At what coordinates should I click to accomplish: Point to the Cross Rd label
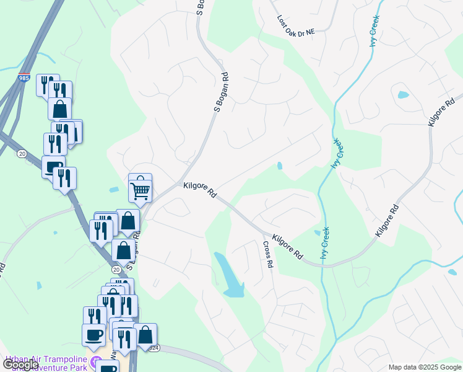[267, 254]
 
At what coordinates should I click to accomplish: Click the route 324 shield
[154, 348]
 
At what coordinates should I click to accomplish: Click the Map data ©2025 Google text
[424, 367]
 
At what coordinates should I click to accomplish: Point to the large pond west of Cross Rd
[229, 276]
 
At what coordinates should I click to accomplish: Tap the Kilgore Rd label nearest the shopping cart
[199, 190]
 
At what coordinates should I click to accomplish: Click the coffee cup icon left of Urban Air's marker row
[93, 335]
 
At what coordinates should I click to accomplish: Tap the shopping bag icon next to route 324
[145, 335]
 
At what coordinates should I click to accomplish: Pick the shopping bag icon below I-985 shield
[60, 108]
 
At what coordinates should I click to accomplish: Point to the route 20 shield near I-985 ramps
[22, 153]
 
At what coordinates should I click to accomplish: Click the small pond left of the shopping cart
[114, 190]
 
